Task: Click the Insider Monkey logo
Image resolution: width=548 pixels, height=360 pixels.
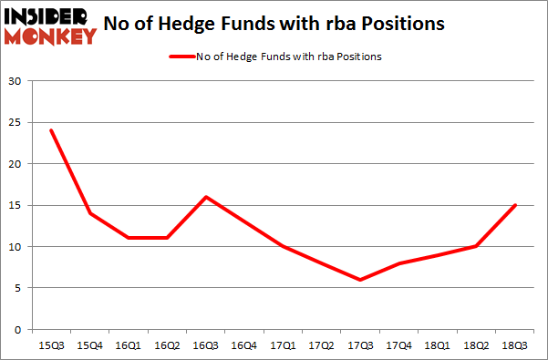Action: point(51,26)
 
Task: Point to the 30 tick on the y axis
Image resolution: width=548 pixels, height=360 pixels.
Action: point(15,82)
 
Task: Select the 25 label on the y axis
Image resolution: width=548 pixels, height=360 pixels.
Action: point(15,123)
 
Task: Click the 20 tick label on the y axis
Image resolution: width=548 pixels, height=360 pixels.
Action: point(15,164)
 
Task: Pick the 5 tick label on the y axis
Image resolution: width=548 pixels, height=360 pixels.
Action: point(18,288)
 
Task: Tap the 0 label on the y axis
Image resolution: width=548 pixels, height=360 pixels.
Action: point(18,329)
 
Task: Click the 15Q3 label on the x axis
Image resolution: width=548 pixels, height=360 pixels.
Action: point(51,346)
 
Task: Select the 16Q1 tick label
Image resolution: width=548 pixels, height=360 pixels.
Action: point(129,346)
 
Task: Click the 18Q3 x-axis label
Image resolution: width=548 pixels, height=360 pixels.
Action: point(516,346)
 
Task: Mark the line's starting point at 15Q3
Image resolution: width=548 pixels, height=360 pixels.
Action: point(51,130)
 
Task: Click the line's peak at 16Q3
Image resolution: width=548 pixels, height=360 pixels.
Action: point(206,197)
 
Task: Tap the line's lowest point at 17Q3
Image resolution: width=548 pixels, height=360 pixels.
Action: point(361,280)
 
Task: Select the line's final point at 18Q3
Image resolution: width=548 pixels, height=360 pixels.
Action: point(516,205)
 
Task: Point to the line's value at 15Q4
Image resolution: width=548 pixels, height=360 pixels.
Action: point(90,213)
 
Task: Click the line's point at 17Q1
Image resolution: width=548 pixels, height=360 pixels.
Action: point(284,246)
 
